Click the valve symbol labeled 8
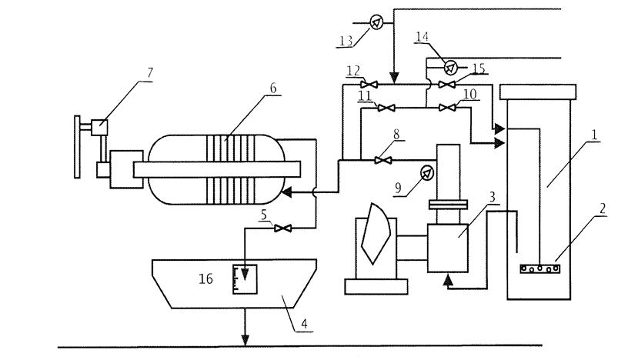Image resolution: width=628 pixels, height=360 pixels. (x=379, y=160)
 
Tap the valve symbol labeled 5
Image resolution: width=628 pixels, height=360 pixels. (x=282, y=228)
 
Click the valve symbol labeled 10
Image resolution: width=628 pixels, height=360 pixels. (x=446, y=108)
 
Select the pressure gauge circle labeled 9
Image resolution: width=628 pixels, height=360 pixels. (x=423, y=172)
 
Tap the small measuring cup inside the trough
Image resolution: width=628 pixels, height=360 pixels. (x=244, y=278)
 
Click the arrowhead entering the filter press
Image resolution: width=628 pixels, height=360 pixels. (x=286, y=193)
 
